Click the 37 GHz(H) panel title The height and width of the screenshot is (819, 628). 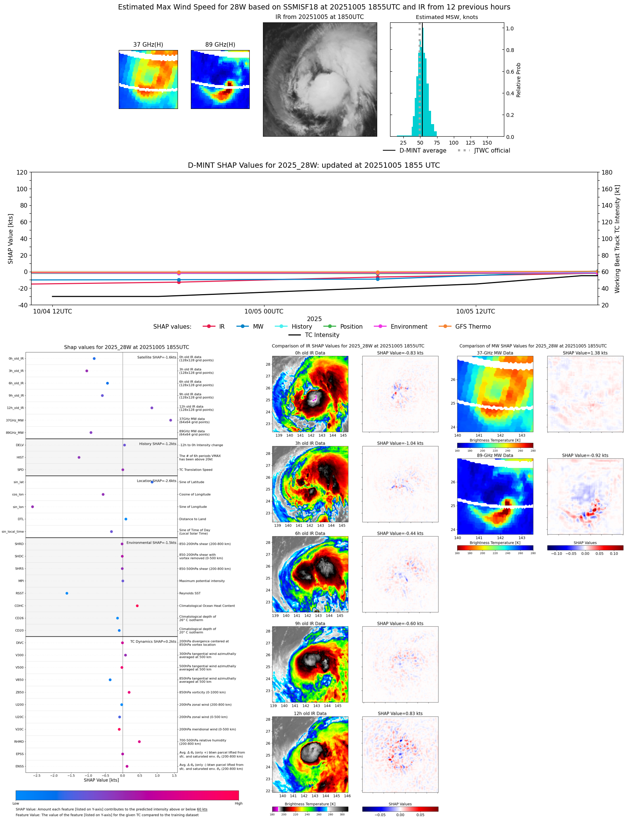pyautogui.click(x=148, y=45)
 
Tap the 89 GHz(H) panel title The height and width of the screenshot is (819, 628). pyautogui.click(x=220, y=45)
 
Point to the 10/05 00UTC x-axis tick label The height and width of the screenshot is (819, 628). pyautogui.click(x=264, y=312)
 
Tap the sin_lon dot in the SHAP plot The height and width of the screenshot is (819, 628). pyautogui.click(x=33, y=507)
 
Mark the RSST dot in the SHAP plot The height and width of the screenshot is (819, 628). pyautogui.click(x=67, y=593)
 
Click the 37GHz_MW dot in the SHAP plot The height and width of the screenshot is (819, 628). pyautogui.click(x=171, y=420)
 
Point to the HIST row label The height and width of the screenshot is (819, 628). pyautogui.click(x=20, y=457)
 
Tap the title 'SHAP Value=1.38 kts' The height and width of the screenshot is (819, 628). pyautogui.click(x=585, y=353)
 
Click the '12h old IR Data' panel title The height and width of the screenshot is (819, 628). pyautogui.click(x=310, y=713)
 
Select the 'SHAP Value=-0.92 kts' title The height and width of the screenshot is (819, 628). pyautogui.click(x=585, y=455)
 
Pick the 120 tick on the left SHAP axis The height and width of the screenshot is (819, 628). pyautogui.click(x=22, y=172)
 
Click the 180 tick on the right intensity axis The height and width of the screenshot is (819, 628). pyautogui.click(x=607, y=172)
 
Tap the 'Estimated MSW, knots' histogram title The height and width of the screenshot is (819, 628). pyautogui.click(x=447, y=17)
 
